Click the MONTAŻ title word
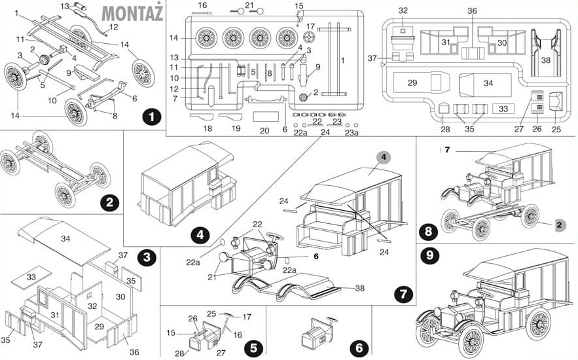point(133,12)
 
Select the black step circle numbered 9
point(430,255)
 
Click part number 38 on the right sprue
point(545,60)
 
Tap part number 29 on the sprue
point(412,82)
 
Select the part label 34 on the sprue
point(488,83)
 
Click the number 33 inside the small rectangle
point(503,109)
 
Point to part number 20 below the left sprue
point(265,130)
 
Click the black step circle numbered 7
point(402,294)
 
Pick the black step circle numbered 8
point(429,231)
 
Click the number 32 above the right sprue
point(403,11)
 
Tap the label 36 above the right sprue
point(472,11)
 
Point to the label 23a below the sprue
point(352,132)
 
